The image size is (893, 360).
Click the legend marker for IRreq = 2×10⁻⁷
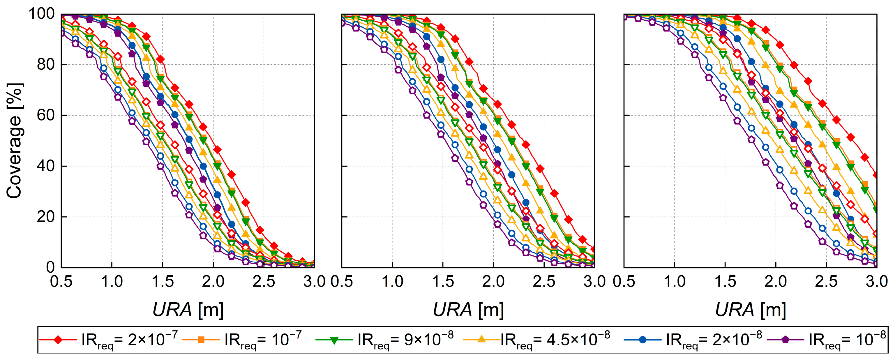coord(58,340)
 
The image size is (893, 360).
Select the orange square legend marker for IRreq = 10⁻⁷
coord(201,340)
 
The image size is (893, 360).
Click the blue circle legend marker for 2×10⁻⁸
coord(642,340)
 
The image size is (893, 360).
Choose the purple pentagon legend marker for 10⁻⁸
coord(786,340)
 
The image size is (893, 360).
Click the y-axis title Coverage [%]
coord(15,140)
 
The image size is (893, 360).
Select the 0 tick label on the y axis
coord(50,267)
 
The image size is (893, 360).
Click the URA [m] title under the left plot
coord(188,309)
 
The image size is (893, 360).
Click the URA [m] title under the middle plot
coord(468,309)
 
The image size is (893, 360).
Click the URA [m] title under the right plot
coord(751,309)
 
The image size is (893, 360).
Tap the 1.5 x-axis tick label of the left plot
coord(162,281)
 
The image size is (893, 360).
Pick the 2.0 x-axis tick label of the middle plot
coord(493,281)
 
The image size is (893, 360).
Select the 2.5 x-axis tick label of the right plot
coord(826,281)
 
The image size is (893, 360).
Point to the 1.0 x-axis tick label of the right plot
coord(674,281)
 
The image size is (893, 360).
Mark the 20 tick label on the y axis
coord(46,217)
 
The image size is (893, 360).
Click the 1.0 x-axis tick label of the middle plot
coord(392,281)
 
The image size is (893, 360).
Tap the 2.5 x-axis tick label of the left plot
coord(264,281)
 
